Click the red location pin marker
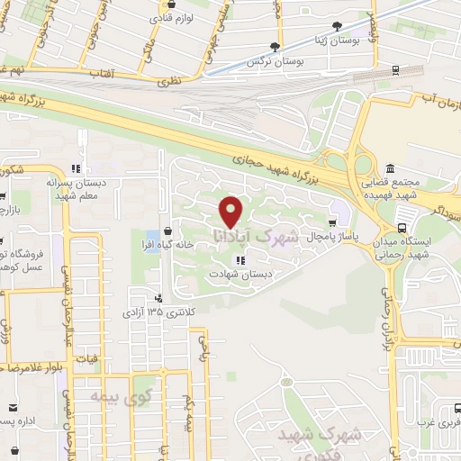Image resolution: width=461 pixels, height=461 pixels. (x=230, y=210)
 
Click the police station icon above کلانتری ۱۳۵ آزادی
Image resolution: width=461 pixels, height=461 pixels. (x=158, y=299)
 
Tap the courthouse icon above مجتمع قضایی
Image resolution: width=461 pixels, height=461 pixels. (x=389, y=169)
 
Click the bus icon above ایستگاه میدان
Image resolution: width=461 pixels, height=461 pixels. (x=399, y=229)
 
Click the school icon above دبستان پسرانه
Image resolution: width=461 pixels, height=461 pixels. (x=77, y=167)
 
